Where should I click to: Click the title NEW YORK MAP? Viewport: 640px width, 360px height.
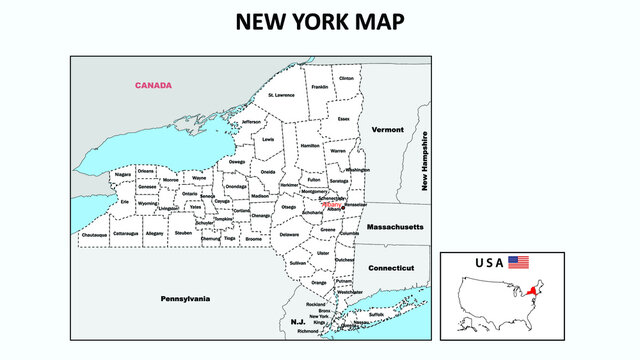click(x=320, y=22)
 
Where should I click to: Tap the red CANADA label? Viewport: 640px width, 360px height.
click(x=153, y=85)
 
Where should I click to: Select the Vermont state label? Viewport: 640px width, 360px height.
click(x=387, y=130)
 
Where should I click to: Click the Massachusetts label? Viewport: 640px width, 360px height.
click(x=395, y=228)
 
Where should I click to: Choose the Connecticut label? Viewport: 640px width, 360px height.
click(x=391, y=268)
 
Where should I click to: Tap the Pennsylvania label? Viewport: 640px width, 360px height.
click(x=185, y=298)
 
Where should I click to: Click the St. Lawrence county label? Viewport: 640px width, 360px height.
click(x=281, y=95)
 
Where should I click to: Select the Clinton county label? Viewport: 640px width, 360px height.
click(x=346, y=78)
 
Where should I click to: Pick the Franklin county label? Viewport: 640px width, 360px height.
click(x=319, y=87)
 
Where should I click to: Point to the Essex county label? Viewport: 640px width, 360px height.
click(x=344, y=119)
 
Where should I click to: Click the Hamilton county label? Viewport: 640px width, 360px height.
click(x=310, y=146)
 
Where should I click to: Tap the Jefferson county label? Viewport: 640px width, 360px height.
click(x=250, y=122)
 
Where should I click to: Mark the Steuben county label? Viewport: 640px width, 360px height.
click(x=183, y=232)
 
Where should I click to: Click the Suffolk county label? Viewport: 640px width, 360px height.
click(x=376, y=313)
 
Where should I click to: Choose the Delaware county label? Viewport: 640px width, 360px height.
click(x=289, y=234)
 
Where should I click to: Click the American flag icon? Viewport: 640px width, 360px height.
click(x=518, y=262)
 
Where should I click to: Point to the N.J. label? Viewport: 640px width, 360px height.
click(x=298, y=322)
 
